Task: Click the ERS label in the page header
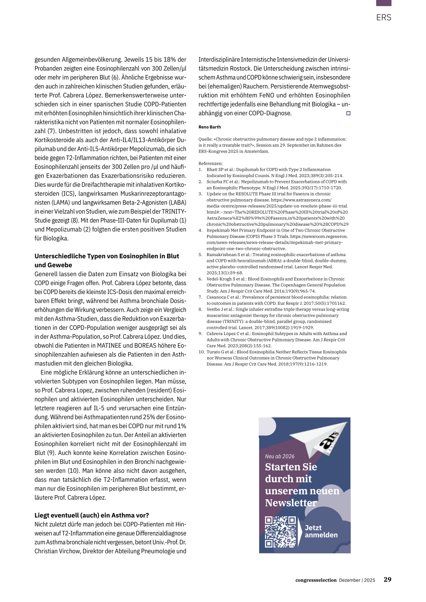[384, 17]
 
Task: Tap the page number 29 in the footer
[387, 580]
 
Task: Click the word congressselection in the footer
[316, 580]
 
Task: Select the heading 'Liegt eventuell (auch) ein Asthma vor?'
[92, 515]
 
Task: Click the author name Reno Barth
[210, 127]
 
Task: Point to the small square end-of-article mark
[348, 113]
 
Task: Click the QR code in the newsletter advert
[280, 532]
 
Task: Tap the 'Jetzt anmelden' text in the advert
[321, 531]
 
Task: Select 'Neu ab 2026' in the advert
[280, 456]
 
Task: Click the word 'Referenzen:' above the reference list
[211, 163]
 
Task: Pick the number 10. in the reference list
[201, 352]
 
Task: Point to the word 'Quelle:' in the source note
[206, 139]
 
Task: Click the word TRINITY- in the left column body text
[174, 211]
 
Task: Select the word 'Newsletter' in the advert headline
[291, 503]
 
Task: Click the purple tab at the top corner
[384, 3]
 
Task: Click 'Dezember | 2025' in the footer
[357, 580]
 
